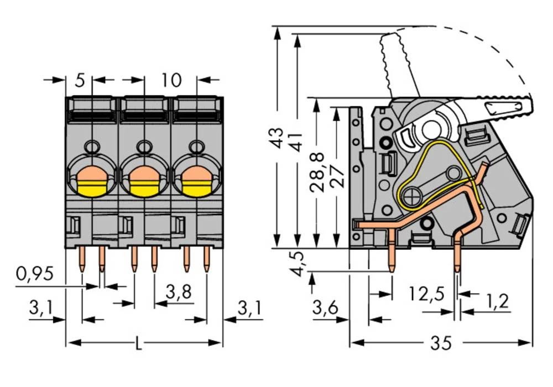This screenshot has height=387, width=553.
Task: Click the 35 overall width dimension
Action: click(440, 343)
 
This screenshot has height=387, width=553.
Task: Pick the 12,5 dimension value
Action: click(426, 293)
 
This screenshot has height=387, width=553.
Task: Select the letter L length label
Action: click(138, 344)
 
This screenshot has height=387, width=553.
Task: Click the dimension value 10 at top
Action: click(171, 80)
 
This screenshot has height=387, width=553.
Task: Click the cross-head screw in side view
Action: click(411, 195)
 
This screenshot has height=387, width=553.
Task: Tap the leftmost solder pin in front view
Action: click(82, 259)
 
